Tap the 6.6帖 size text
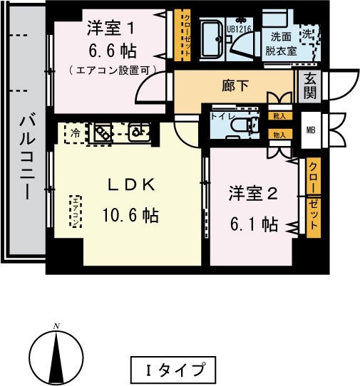pos(112,51)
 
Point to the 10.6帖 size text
pos(130,214)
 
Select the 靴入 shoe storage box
pos(279,115)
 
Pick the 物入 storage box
pos(279,133)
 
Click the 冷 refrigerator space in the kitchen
pos(75,132)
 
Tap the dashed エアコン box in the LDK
pos(75,211)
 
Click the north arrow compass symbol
pos(55,354)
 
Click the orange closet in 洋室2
pos(313,197)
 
